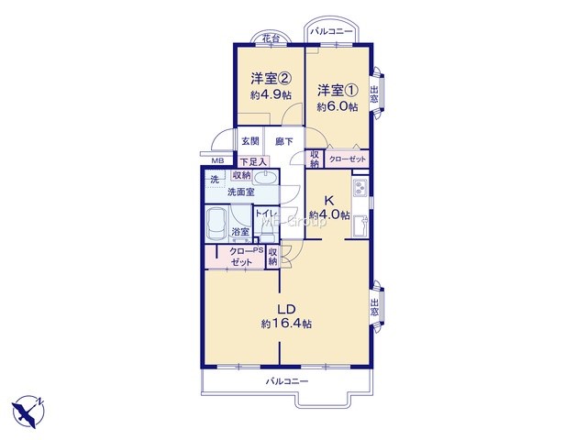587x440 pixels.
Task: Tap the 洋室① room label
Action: pyautogui.click(x=338, y=90)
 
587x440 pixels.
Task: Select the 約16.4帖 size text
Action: pyautogui.click(x=286, y=324)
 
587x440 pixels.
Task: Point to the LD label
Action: pyautogui.click(x=286, y=309)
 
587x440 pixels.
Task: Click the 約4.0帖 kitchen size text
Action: pyautogui.click(x=329, y=215)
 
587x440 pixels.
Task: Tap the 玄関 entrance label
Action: pyautogui.click(x=250, y=141)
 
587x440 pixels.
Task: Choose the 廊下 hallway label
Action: pyautogui.click(x=284, y=141)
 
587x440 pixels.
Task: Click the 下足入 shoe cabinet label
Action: pyautogui.click(x=253, y=162)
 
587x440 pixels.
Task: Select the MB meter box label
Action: pyautogui.click(x=217, y=161)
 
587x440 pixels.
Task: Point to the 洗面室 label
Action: pyautogui.click(x=241, y=192)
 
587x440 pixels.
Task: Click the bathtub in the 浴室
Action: pyautogui.click(x=217, y=224)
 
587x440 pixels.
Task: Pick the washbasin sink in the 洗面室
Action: pyautogui.click(x=265, y=178)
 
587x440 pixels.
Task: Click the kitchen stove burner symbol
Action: pyautogui.click(x=360, y=188)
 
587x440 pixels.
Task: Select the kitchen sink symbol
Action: pyautogui.click(x=360, y=225)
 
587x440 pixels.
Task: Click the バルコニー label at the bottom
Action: pyautogui.click(x=287, y=381)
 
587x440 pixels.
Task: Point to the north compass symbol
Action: pyautogui.click(x=28, y=411)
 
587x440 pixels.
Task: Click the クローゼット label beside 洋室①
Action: pyautogui.click(x=348, y=159)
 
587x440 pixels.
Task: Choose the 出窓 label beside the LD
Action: pyautogui.click(x=374, y=307)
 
